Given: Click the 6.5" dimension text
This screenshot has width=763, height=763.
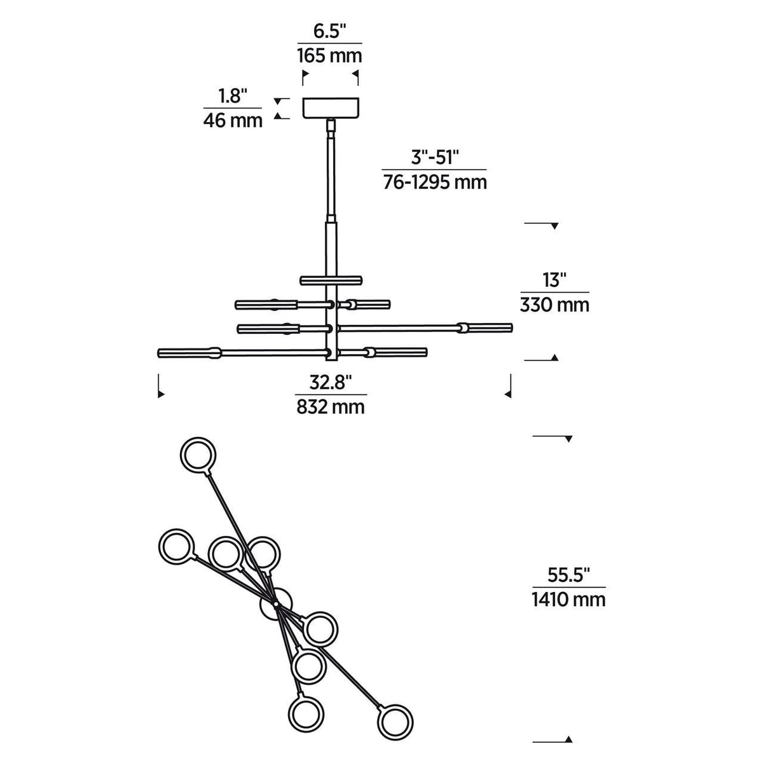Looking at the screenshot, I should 329,32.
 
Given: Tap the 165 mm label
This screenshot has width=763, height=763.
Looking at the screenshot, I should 329,56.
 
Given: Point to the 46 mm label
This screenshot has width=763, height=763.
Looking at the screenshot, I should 233,120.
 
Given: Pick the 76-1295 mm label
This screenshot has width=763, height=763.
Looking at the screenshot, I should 434,182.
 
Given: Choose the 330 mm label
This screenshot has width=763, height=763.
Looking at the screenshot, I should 554,305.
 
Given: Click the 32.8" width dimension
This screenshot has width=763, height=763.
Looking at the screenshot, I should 331,382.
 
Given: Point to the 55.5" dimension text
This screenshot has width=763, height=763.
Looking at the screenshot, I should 569,575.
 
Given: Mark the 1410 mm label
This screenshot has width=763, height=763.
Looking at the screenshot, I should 568,599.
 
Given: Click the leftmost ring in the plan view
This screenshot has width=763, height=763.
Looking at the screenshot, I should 175,546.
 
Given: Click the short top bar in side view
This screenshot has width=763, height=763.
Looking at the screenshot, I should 331,280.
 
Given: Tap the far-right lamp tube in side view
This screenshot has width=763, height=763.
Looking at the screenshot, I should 488,327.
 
